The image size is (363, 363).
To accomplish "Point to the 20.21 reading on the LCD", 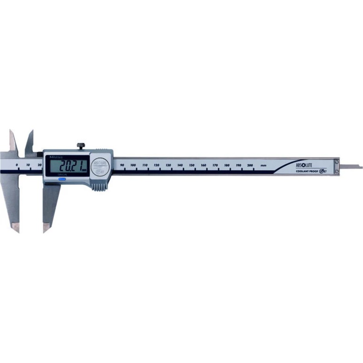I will pyautogui.click(x=68, y=166).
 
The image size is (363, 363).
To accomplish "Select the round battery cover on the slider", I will pyautogui.click(x=100, y=166).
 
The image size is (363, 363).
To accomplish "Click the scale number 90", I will pyautogui.click(x=122, y=165).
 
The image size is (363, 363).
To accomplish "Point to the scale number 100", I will pyautogui.click(x=133, y=165).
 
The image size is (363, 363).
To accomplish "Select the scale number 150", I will pyautogui.click(x=192, y=165).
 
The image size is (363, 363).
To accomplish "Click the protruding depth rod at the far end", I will pyautogui.click(x=352, y=166).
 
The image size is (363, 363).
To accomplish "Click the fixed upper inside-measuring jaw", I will pyautogui.click(x=12, y=141).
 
